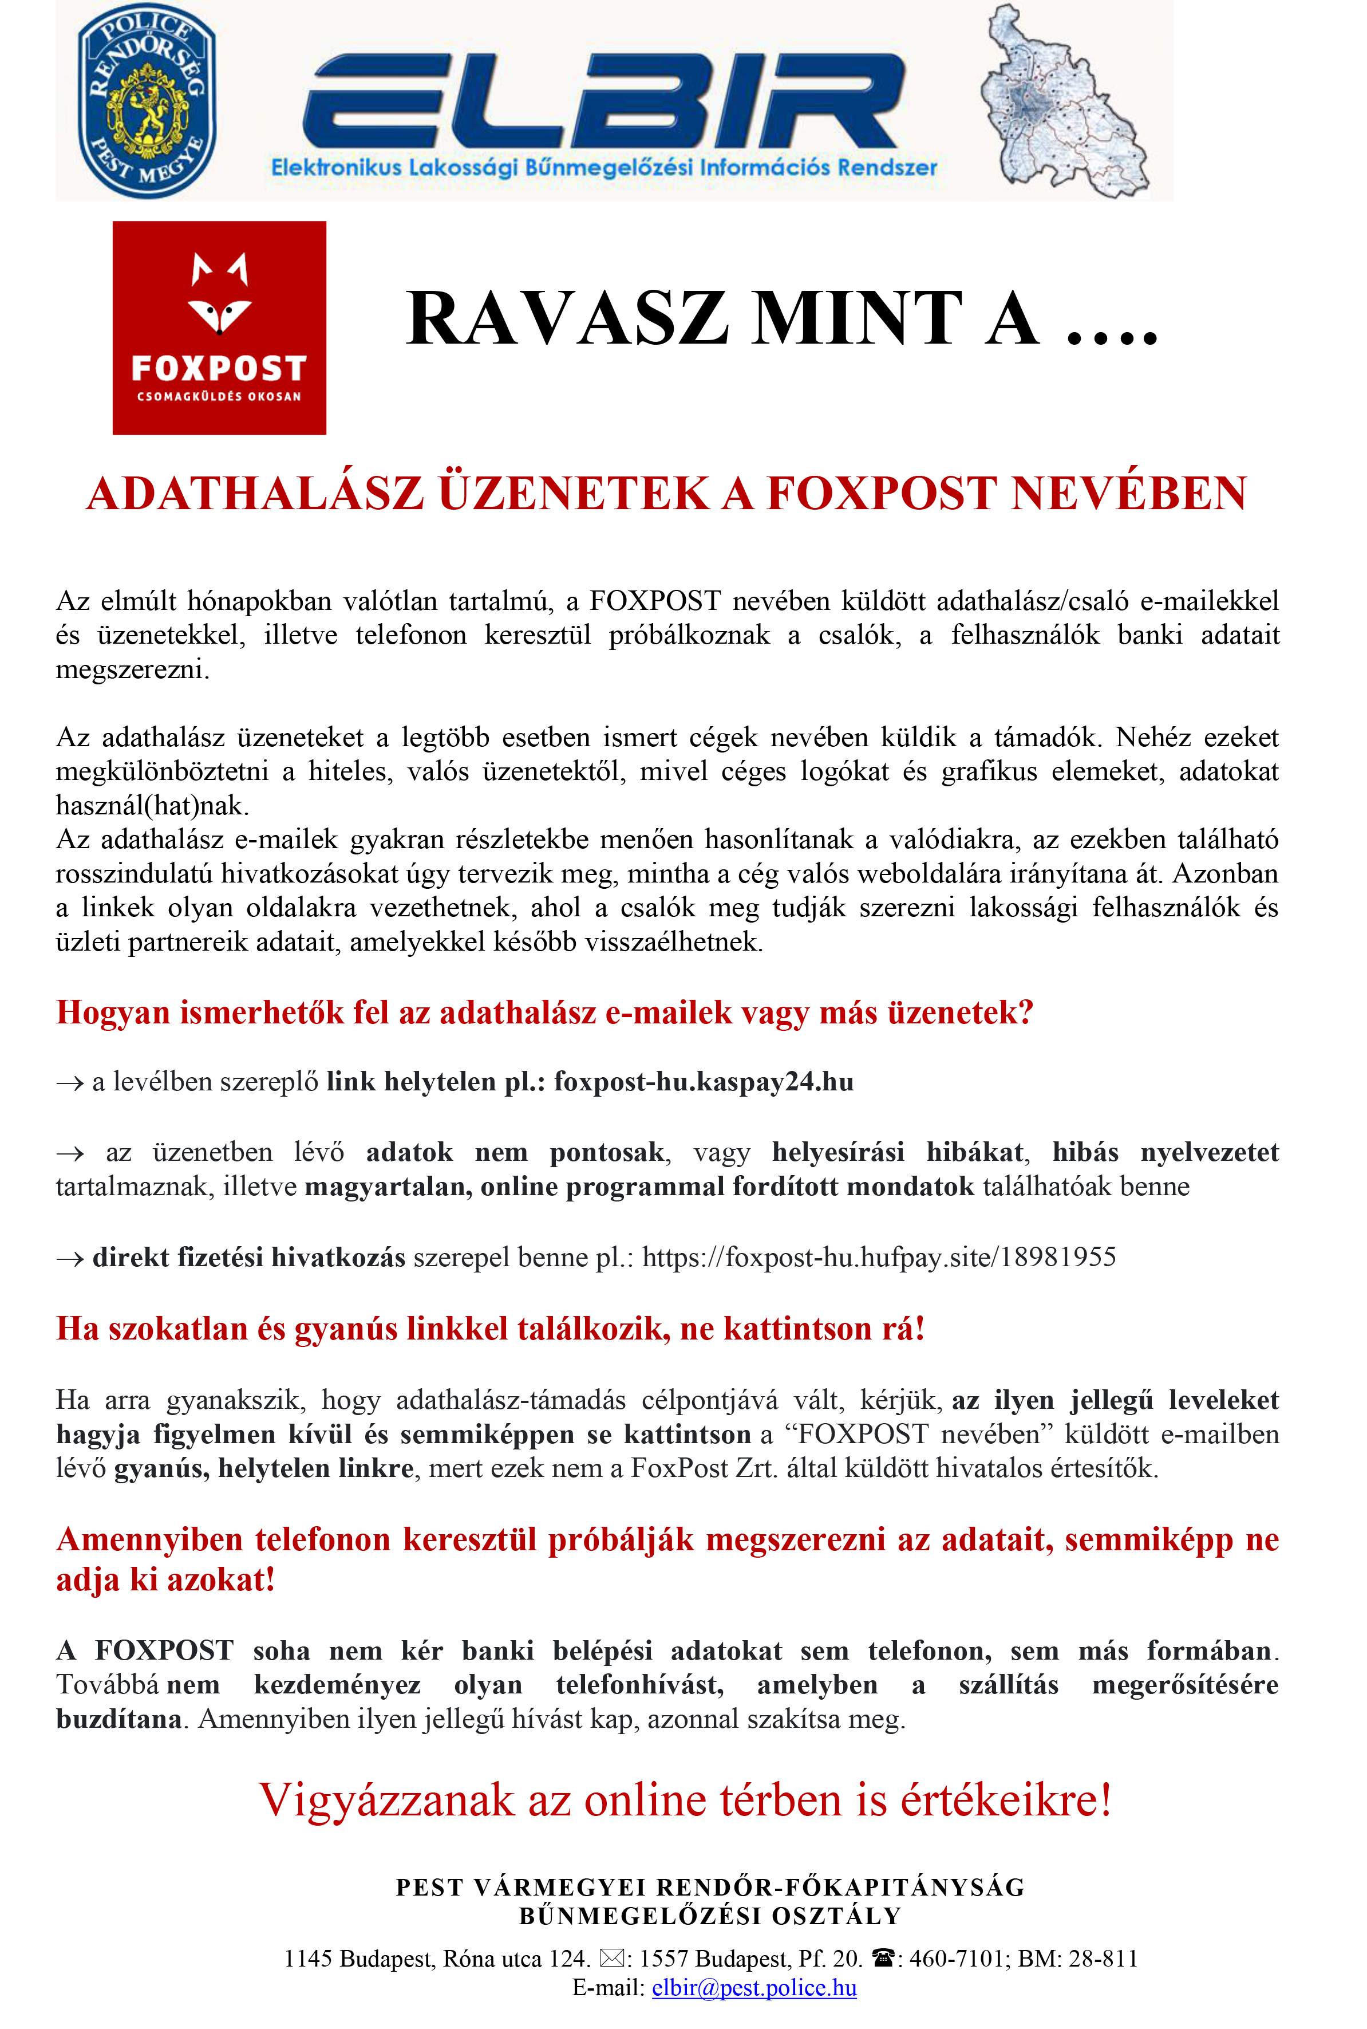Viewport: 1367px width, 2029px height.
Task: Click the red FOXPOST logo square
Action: [219, 327]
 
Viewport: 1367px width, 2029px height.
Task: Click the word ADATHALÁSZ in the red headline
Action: [255, 494]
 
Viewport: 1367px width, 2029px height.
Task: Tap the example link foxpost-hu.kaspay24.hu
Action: [704, 1082]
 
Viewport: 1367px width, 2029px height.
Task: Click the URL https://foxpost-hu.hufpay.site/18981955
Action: [879, 1258]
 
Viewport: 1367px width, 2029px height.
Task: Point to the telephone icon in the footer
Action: [883, 1959]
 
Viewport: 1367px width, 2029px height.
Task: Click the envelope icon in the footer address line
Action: [612, 1959]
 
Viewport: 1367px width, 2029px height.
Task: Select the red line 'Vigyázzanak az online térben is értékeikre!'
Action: [685, 1801]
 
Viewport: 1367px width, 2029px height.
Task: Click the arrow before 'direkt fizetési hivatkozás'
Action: [70, 1258]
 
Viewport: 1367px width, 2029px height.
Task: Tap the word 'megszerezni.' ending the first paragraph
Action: [132, 669]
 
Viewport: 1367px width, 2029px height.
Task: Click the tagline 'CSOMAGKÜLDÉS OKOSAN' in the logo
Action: [219, 397]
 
